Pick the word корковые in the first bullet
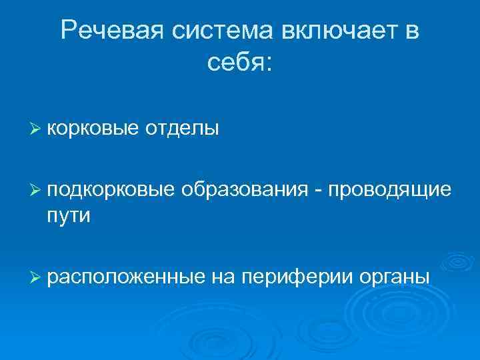click(89, 128)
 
